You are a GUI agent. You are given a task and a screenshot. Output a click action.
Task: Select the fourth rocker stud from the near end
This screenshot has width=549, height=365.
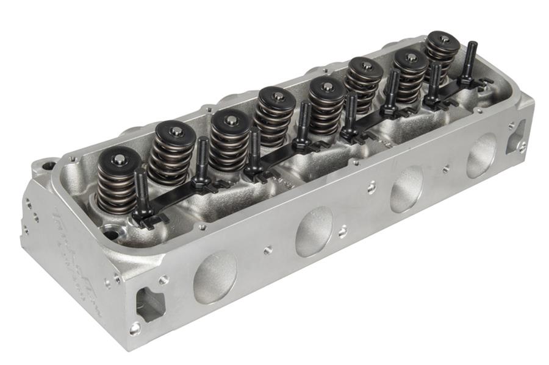(x=304, y=122)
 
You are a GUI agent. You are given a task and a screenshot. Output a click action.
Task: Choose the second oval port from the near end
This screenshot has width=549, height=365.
(x=314, y=230)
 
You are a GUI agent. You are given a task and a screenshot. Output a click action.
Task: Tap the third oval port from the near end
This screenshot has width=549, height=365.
(x=407, y=188)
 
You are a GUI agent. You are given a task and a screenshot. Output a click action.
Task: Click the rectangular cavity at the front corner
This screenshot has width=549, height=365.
(x=150, y=303)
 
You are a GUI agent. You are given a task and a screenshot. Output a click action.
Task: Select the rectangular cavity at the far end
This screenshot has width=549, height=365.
(x=515, y=135)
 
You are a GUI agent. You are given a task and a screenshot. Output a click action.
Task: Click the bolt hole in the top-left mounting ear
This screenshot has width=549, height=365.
(x=45, y=165)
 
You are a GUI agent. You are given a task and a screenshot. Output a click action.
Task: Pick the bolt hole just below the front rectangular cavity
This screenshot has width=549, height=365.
(x=135, y=328)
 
